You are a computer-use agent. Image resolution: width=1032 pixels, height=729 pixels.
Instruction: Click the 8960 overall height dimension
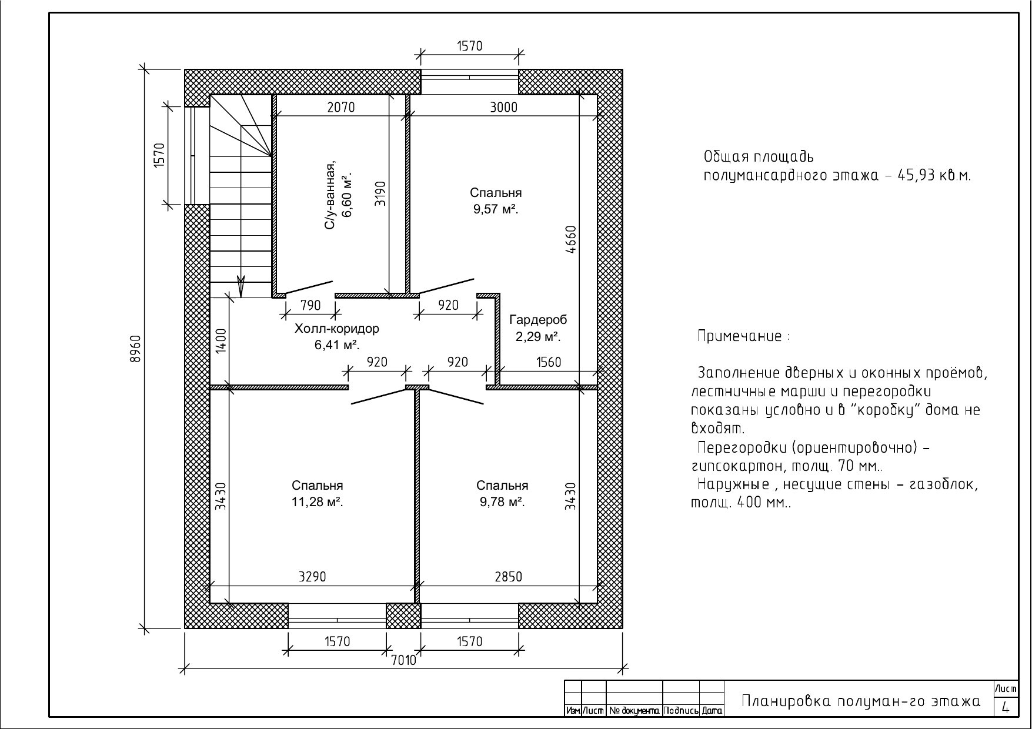pyautogui.click(x=135, y=349)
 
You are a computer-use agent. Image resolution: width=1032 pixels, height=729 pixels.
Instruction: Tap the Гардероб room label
pyautogui.click(x=538, y=320)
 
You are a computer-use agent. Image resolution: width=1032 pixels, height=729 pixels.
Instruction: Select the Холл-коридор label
pyautogui.click(x=337, y=329)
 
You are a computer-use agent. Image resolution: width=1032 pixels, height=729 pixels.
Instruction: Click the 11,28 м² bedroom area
pyautogui.click(x=318, y=502)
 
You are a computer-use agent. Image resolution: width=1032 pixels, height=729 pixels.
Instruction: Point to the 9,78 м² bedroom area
pyautogui.click(x=502, y=502)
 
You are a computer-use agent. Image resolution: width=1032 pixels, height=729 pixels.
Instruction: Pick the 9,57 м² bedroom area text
pyautogui.click(x=496, y=209)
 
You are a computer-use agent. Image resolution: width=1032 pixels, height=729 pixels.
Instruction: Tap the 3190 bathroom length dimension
pyautogui.click(x=380, y=193)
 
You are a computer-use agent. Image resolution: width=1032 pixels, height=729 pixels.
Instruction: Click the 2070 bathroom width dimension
pyautogui.click(x=341, y=107)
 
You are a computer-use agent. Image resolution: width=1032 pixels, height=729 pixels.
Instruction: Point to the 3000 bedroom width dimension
pyautogui.click(x=503, y=107)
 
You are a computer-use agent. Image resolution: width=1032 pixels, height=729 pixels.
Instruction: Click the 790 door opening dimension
pyautogui.click(x=310, y=305)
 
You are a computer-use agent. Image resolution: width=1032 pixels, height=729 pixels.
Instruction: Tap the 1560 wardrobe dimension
pyautogui.click(x=549, y=362)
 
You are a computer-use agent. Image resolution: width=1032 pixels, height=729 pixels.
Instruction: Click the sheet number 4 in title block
pyautogui.click(x=1006, y=708)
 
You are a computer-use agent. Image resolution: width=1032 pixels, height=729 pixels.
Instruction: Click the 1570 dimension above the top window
pyautogui.click(x=469, y=46)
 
